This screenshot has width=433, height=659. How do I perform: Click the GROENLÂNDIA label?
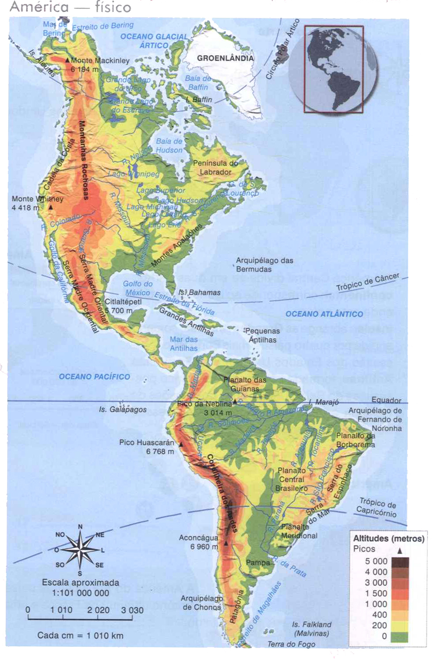point(225,58)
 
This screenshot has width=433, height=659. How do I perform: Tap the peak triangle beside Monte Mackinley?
point(67,60)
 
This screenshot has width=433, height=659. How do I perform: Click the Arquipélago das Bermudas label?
point(264,265)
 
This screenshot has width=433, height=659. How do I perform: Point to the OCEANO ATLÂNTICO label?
point(324,314)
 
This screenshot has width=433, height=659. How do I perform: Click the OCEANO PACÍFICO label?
point(94,376)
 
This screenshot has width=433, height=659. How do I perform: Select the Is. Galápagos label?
point(123,409)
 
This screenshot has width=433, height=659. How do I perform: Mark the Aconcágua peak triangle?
point(226,543)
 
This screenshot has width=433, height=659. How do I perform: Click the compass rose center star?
point(80,549)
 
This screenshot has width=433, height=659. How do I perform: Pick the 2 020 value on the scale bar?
point(98,610)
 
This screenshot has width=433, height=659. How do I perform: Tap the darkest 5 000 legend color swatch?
point(400,562)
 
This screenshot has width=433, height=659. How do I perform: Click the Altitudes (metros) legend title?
point(388,539)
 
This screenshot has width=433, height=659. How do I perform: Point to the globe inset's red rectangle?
point(333,69)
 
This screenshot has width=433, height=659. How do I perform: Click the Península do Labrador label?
point(215,167)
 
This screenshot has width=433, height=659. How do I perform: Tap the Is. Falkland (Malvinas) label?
point(311,629)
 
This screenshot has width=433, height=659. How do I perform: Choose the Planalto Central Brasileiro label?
point(291,479)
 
